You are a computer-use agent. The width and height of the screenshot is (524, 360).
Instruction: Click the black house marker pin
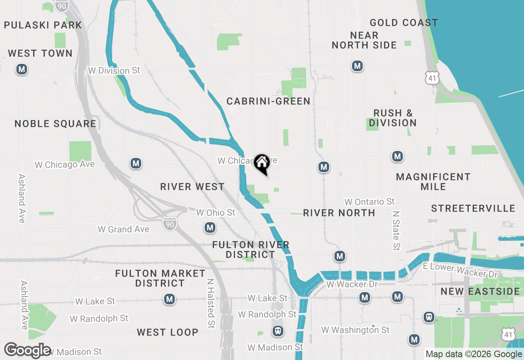click(262, 164)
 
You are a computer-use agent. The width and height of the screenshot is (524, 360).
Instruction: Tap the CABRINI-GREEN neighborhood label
click(268, 101)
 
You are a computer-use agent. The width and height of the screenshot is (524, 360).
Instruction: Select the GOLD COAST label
click(404, 22)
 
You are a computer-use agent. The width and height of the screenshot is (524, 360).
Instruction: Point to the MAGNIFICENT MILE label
click(433, 182)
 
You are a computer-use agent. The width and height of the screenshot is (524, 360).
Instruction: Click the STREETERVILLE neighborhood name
click(473, 208)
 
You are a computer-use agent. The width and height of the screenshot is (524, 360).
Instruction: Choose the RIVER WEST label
click(192, 187)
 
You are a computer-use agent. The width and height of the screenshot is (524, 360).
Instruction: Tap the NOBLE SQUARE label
click(55, 124)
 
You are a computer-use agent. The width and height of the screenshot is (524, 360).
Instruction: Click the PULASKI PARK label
click(43, 25)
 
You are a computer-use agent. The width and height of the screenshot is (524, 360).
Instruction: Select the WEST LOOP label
click(167, 332)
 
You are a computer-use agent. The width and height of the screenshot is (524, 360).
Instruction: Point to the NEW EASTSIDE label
click(480, 291)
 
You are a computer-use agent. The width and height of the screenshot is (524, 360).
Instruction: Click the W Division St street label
click(114, 71)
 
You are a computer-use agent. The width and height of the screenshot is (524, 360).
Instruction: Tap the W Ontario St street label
click(369, 202)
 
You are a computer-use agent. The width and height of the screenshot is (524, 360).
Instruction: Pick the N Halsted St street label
click(210, 304)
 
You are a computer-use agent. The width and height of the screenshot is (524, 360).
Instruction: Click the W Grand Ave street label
click(123, 229)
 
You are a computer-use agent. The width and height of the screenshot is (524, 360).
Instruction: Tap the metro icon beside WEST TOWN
click(22, 70)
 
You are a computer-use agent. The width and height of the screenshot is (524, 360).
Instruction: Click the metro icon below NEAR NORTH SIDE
click(357, 66)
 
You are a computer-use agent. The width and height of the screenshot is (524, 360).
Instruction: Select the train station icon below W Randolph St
click(278, 331)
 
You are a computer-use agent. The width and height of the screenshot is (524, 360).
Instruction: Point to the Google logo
click(27, 350)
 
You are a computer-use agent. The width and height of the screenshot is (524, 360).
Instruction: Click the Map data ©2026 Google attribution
click(473, 354)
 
